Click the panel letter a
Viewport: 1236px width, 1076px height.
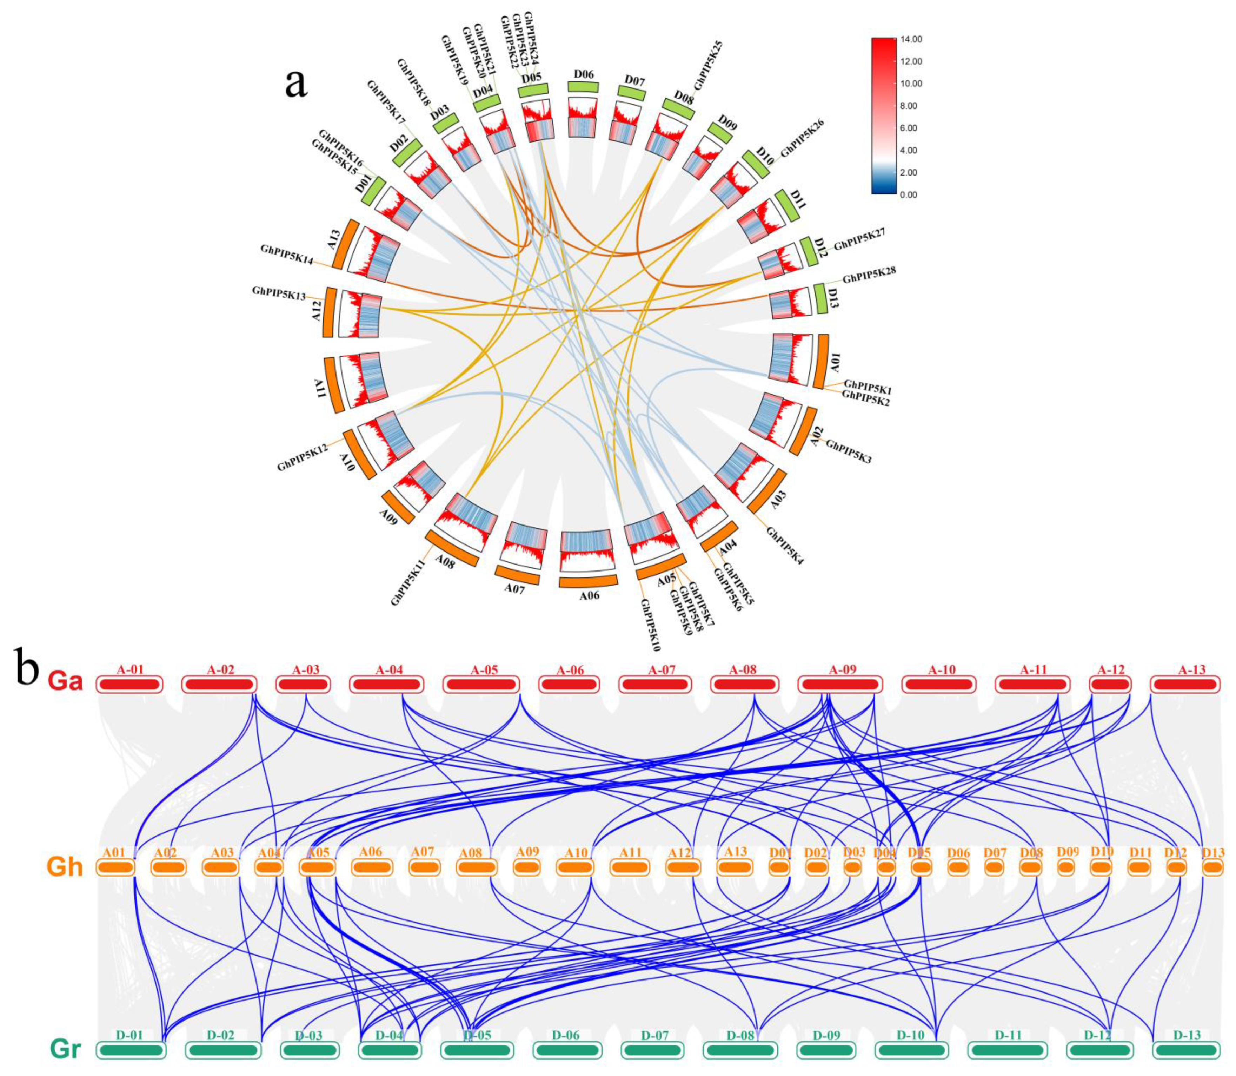click(295, 84)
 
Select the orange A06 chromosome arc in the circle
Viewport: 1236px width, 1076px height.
click(588, 581)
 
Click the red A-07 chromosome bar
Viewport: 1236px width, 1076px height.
click(655, 684)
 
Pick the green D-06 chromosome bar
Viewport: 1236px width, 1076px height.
click(565, 1050)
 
